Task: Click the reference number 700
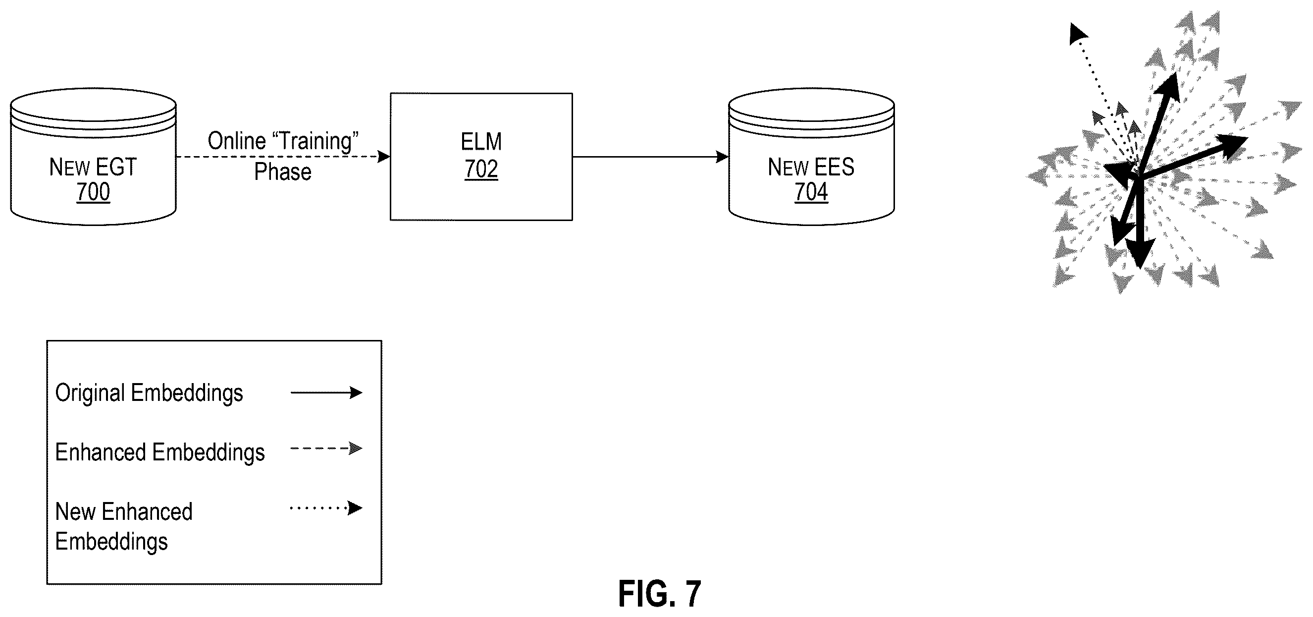point(93,192)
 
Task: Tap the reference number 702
point(481,169)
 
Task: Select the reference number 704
point(811,192)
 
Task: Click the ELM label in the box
point(481,142)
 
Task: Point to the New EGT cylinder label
point(93,167)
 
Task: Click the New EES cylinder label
point(811,167)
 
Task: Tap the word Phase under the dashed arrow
point(282,172)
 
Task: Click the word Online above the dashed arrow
point(237,141)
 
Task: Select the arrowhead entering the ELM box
point(384,157)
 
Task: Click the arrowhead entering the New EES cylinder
point(722,157)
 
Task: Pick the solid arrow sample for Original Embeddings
point(326,393)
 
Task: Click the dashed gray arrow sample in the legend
point(326,449)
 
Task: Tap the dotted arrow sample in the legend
point(326,508)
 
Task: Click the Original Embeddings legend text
point(149,393)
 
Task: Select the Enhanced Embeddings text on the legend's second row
point(160,452)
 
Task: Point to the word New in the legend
point(75,511)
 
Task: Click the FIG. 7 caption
point(660,594)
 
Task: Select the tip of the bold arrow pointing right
point(1247,138)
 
